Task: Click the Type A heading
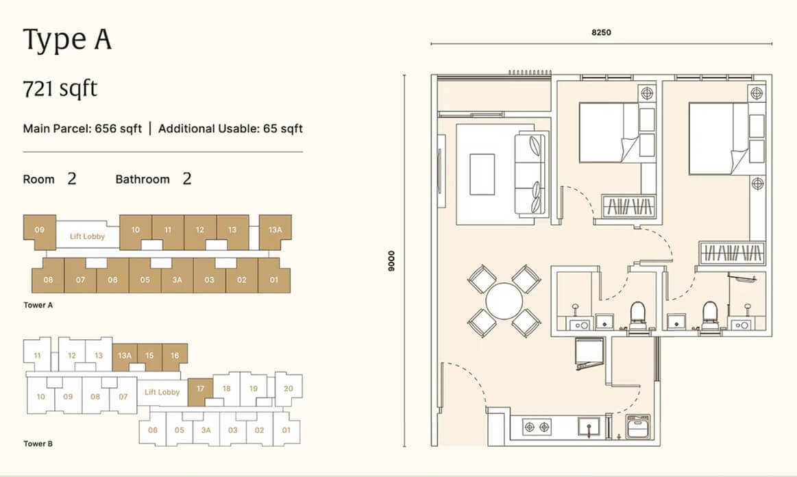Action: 67,40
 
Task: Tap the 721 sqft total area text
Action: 60,88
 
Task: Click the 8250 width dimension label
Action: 601,32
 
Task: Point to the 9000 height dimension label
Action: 391,261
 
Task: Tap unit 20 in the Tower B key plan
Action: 289,389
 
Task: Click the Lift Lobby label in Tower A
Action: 88,236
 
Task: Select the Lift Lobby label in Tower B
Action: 162,392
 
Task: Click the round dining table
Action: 504,301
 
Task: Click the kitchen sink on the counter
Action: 589,427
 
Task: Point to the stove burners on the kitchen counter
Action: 537,427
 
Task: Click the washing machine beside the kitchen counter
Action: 639,426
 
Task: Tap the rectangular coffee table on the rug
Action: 482,175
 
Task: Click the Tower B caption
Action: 38,443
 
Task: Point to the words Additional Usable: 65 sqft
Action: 230,129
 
